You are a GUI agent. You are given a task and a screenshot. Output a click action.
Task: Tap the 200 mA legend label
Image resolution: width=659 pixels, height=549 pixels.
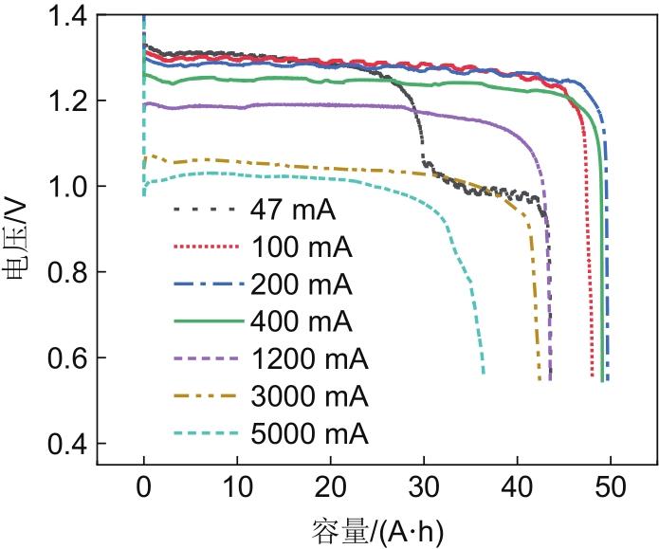pos(302,284)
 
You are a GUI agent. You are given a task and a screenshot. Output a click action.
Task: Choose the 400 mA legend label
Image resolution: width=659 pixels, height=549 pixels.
pos(302,321)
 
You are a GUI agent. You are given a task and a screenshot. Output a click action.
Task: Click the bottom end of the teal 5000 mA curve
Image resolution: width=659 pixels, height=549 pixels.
pos(484,374)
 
